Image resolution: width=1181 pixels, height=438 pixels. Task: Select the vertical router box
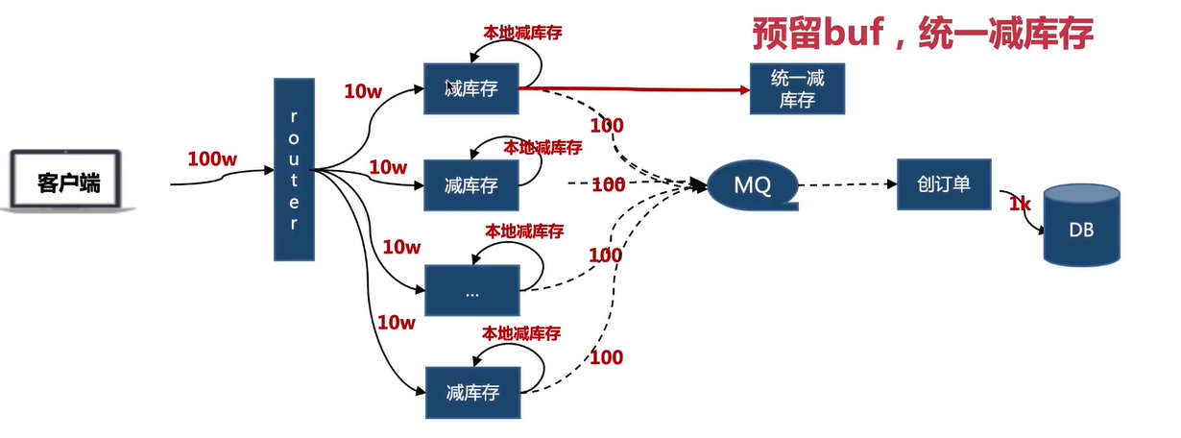pos(294,170)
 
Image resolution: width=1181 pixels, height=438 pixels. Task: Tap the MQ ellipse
pos(753,183)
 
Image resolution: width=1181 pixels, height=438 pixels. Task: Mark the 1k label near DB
pos(1019,204)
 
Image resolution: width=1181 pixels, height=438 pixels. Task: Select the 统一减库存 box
pos(797,88)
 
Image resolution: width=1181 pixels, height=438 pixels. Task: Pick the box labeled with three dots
pos(471,291)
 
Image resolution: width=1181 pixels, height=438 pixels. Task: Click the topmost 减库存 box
pos(471,88)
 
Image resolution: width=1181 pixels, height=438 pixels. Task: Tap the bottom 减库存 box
pos(471,392)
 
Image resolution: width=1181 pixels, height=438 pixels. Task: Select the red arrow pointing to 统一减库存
pos(634,88)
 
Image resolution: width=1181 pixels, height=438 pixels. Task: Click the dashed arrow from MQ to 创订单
pos(845,183)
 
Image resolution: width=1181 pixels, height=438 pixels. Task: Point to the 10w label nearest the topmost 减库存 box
pos(363,92)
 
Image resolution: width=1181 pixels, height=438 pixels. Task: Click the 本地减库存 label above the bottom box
pos(521,333)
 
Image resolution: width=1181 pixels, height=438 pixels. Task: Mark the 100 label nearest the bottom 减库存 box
pos(605,358)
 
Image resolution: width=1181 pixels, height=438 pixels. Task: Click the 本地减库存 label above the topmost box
pos(521,32)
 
